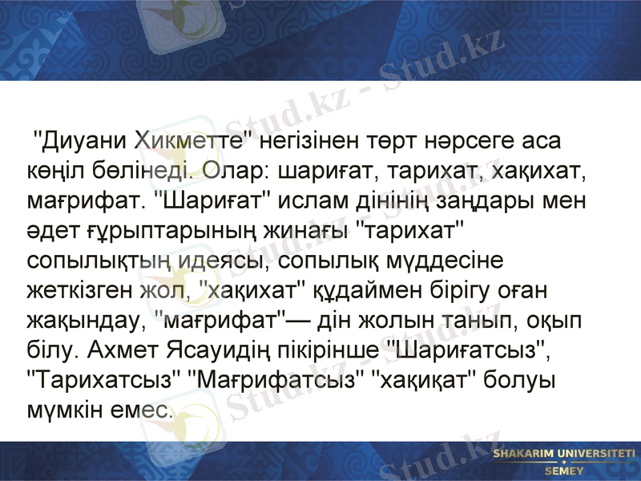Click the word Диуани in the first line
pos(83,142)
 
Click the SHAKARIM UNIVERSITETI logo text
pos(563,454)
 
